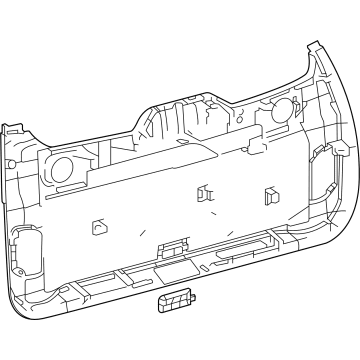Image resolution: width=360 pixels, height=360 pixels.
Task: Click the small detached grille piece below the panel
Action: click(171, 304)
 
